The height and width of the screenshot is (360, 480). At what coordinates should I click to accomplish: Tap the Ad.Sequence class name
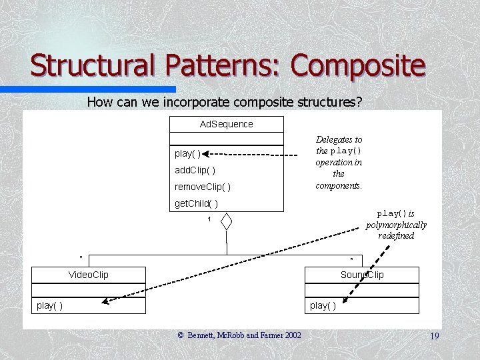[x=227, y=124]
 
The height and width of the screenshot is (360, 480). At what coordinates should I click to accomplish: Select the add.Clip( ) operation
[x=195, y=170]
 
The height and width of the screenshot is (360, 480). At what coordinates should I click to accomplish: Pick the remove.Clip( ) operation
[x=203, y=187]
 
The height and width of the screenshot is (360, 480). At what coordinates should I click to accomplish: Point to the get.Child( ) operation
[x=196, y=203]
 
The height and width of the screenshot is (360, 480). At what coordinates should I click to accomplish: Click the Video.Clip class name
[x=89, y=275]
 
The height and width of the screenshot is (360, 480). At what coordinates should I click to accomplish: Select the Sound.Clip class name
[x=362, y=275]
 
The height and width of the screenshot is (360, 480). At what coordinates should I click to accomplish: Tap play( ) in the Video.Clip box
[x=50, y=305]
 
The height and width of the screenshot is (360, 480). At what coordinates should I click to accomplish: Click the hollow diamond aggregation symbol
[x=227, y=221]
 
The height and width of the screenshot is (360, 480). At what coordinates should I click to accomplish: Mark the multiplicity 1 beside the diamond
[x=209, y=219]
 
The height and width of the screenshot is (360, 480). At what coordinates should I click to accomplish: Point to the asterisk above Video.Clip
[x=81, y=257]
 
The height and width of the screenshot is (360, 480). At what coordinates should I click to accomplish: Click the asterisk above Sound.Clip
[x=352, y=259]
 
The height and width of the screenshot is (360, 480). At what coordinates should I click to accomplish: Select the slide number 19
[x=434, y=336]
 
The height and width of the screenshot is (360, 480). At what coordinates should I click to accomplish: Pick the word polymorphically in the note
[x=396, y=225]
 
